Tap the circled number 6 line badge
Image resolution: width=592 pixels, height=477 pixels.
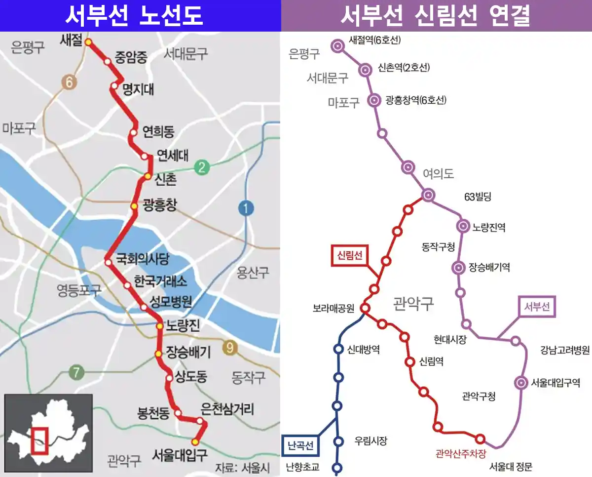point(70,82)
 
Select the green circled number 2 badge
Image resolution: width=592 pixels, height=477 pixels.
point(201,168)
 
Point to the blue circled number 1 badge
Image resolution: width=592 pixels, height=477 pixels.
point(245,209)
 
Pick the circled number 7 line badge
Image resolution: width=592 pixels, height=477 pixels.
point(75,372)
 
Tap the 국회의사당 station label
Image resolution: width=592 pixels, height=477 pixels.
point(142,258)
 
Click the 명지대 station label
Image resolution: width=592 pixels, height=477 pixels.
point(138,89)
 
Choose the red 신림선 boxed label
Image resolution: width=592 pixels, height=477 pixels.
point(350,256)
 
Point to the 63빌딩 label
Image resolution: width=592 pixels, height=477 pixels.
point(478,197)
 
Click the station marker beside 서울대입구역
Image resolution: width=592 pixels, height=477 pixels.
point(521,383)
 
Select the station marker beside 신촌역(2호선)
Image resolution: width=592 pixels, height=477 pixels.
point(366,70)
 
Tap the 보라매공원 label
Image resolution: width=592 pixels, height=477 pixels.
point(333,309)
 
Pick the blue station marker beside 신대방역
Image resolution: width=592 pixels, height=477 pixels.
point(338,349)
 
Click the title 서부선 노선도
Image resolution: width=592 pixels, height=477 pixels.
point(134,16)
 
